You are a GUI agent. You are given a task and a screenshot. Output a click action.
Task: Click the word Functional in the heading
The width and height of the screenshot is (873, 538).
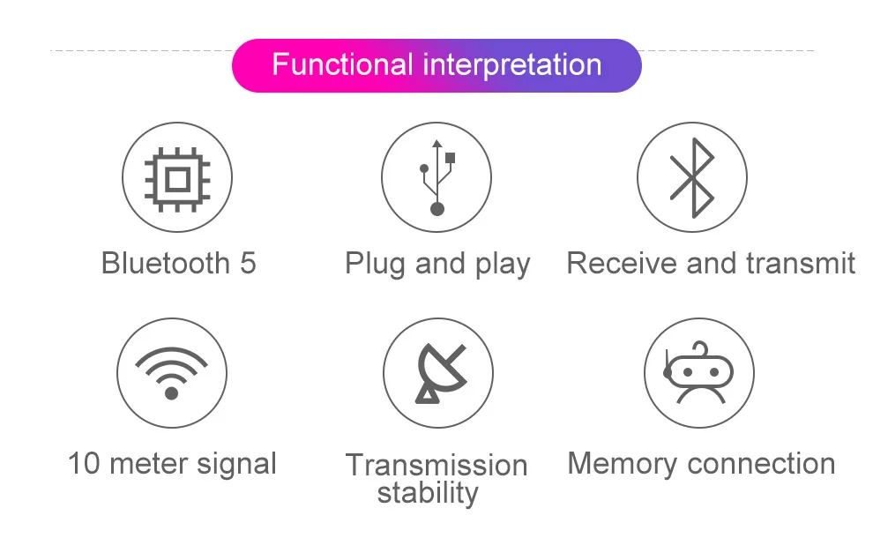click(x=342, y=65)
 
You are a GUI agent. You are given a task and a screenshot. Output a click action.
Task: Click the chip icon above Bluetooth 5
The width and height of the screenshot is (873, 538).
click(x=177, y=177)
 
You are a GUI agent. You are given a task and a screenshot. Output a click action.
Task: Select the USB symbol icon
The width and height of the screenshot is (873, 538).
click(x=436, y=177)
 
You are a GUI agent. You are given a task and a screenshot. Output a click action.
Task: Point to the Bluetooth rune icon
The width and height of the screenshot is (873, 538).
click(x=692, y=177)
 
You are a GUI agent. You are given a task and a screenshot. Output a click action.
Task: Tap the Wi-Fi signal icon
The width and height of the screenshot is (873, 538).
click(x=172, y=373)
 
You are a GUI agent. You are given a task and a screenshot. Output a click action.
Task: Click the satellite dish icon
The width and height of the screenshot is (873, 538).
click(x=438, y=373)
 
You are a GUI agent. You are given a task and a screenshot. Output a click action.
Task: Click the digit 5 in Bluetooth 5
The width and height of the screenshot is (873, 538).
click(x=248, y=264)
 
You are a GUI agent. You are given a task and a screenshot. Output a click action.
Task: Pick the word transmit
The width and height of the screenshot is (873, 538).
click(x=801, y=264)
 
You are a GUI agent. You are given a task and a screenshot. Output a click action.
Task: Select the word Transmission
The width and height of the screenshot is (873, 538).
click(x=436, y=465)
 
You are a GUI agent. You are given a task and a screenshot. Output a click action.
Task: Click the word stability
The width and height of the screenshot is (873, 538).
click(x=428, y=493)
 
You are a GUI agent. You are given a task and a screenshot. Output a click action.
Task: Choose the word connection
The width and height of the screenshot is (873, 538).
click(x=761, y=464)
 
